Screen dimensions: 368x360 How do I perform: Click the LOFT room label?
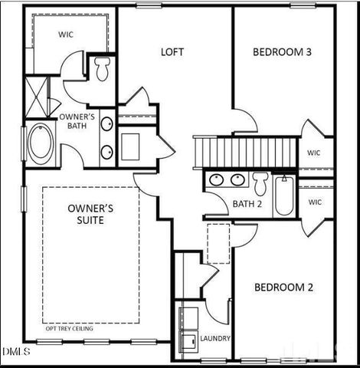(172, 52)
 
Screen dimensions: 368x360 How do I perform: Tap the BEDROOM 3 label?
(282, 52)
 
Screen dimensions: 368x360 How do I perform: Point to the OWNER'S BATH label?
(77, 121)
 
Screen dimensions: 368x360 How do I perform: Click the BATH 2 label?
(247, 203)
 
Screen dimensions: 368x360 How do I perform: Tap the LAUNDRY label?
(215, 338)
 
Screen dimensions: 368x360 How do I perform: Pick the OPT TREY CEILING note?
(70, 328)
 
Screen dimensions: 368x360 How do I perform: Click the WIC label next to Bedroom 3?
(314, 153)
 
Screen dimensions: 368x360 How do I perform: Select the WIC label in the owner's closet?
(66, 34)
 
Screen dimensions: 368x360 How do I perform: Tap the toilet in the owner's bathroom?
(103, 69)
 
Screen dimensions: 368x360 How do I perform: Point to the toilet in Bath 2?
(260, 182)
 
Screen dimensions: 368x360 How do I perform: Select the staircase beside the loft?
(245, 150)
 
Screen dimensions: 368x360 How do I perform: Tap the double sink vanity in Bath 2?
(227, 180)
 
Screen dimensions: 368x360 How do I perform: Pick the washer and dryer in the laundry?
(187, 329)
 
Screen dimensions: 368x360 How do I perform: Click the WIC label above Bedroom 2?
(315, 202)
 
